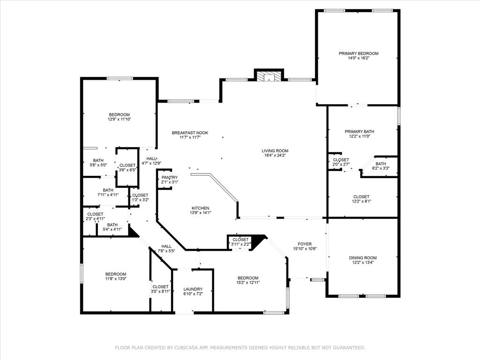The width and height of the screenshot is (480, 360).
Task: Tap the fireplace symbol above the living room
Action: pos(269,76)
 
